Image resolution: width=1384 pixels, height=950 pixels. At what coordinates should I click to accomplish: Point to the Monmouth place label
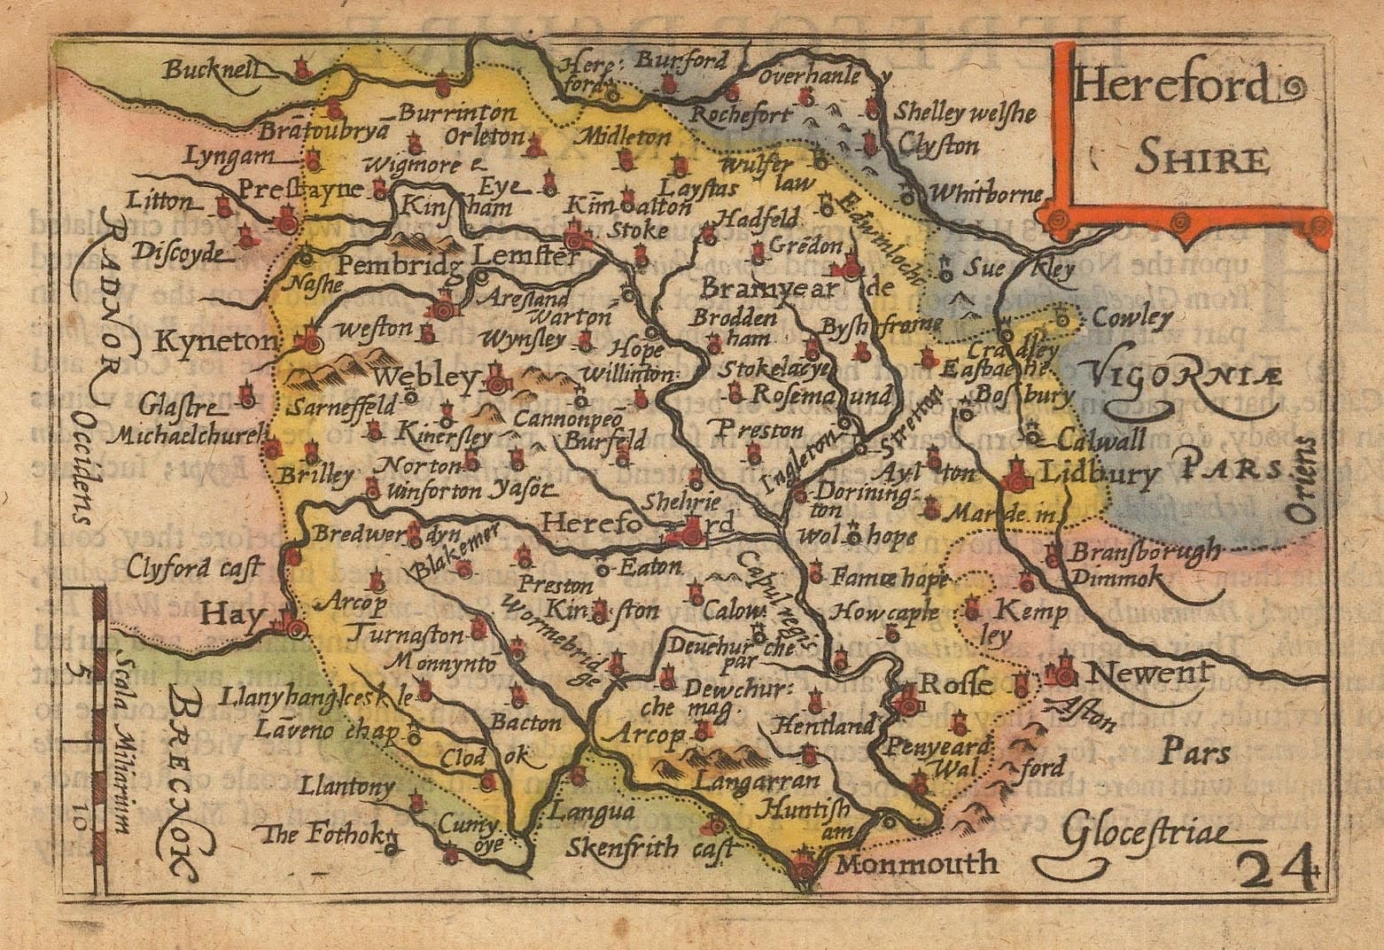point(917,864)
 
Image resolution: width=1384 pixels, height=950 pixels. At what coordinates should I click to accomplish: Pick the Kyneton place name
point(208,341)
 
